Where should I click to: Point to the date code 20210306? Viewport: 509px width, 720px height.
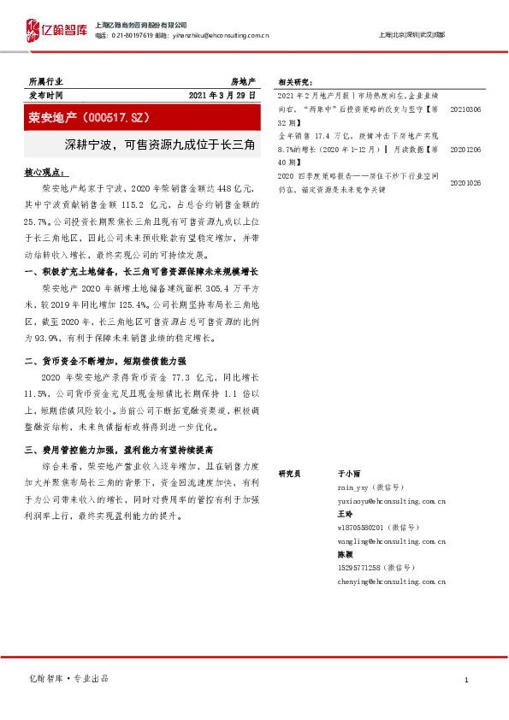coord(465,109)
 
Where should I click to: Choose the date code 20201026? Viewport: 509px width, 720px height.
coord(465,183)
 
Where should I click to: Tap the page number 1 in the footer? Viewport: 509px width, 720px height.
coord(465,680)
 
